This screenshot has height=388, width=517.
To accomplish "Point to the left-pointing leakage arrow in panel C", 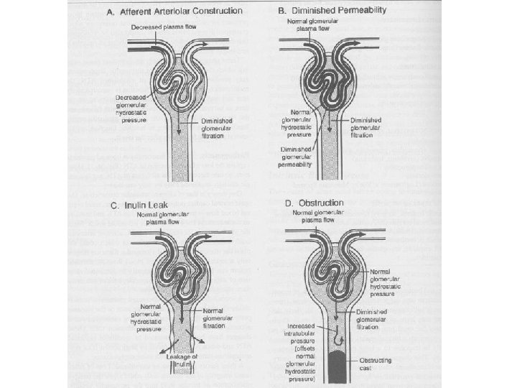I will pyautogui.click(x=162, y=343).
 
